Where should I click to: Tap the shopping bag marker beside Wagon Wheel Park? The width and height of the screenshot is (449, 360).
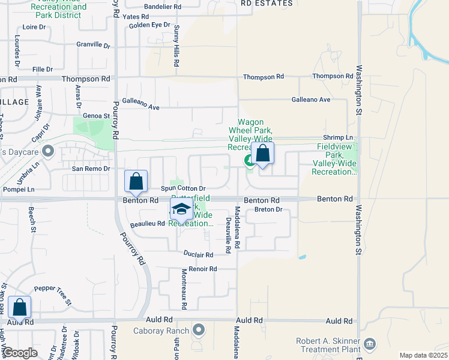(262, 154)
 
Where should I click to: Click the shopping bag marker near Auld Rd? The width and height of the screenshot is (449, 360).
(20, 308)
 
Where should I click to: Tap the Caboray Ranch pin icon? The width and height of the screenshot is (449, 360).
(199, 330)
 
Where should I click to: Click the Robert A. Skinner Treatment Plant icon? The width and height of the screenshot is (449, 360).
(370, 344)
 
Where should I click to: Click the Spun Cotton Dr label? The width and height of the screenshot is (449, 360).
(183, 188)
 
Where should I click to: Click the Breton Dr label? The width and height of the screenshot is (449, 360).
(268, 209)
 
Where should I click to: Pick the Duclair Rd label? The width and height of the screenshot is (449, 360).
(197, 254)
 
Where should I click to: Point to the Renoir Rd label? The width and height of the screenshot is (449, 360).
(202, 269)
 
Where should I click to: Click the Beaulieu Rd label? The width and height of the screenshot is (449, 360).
(147, 224)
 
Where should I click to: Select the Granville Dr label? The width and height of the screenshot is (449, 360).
(94, 44)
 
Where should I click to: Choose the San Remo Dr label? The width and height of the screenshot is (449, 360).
(91, 169)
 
